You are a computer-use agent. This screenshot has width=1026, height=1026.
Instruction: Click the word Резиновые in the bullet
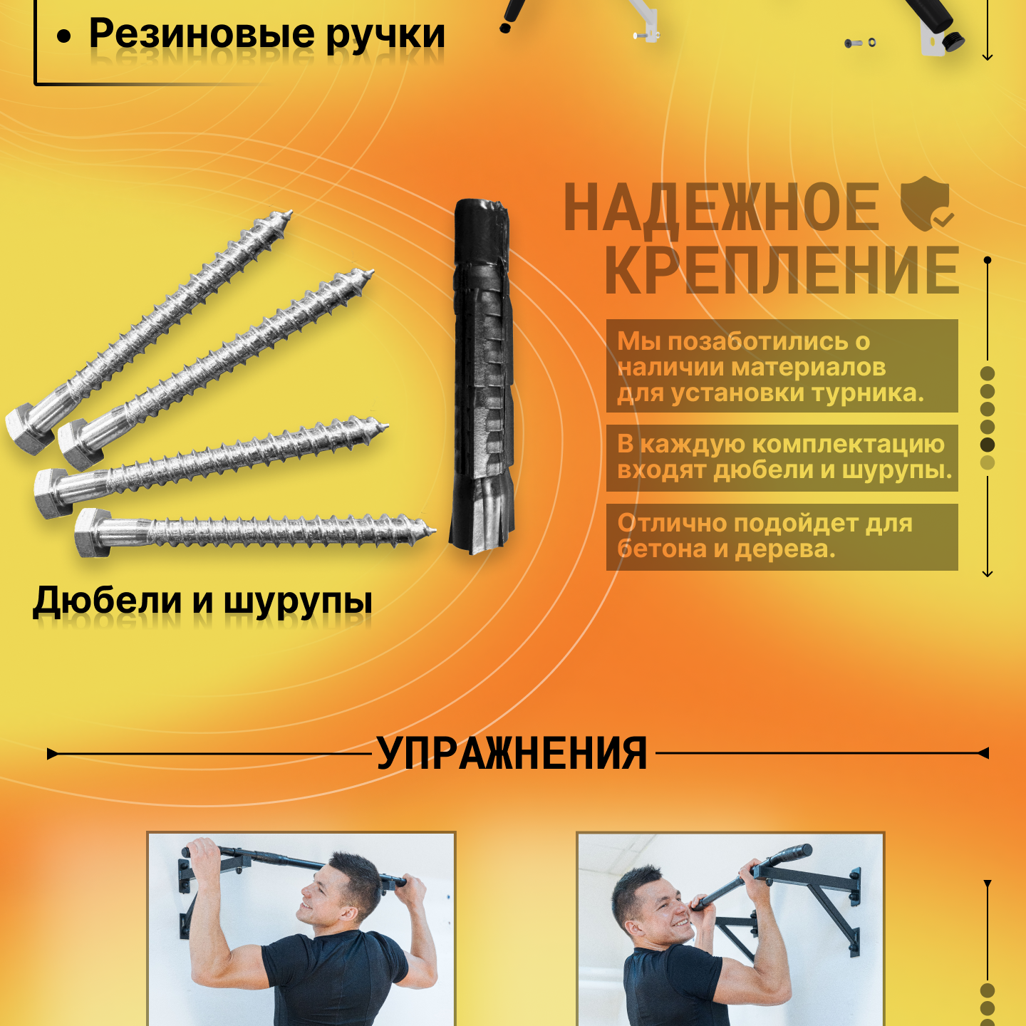point(202,35)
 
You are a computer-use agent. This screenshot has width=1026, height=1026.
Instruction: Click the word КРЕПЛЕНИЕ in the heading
point(782,271)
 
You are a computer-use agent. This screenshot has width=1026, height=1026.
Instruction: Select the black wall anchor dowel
point(482,375)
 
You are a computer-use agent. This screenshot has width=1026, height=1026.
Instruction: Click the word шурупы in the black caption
point(298,602)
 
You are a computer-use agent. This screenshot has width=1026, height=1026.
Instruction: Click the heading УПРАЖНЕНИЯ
point(512,753)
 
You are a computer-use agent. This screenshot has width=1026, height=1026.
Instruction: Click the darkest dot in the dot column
point(987,445)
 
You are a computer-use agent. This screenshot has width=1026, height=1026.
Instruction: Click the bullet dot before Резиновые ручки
point(64,36)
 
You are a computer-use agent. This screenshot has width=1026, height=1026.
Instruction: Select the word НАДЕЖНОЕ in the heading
point(722,207)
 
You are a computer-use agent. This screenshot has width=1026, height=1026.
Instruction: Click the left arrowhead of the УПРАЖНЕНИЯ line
point(51,753)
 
